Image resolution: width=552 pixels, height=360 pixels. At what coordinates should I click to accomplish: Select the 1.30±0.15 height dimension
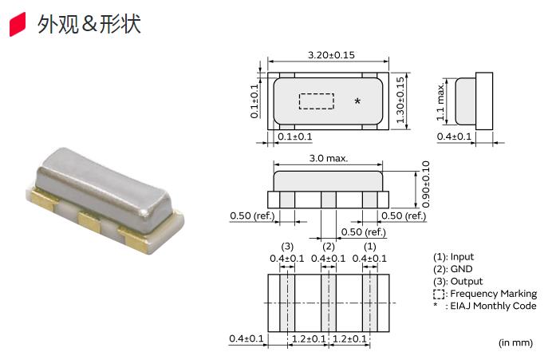pos(400,100)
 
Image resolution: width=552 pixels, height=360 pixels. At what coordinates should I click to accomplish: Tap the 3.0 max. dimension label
pos(328,159)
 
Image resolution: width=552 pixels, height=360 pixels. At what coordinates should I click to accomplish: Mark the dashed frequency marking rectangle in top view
pos(316,101)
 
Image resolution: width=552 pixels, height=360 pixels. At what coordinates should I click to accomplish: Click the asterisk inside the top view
pos(357,101)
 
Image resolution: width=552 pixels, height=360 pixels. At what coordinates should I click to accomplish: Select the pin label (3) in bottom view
pos(288,246)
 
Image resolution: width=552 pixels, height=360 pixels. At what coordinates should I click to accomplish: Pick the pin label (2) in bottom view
pos(327,246)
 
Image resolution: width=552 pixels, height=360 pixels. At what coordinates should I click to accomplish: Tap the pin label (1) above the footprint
pos(369,246)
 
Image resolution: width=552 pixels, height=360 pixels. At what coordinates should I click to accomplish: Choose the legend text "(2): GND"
pos(452,269)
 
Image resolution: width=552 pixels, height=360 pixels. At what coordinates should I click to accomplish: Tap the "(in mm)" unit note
pos(515,342)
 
